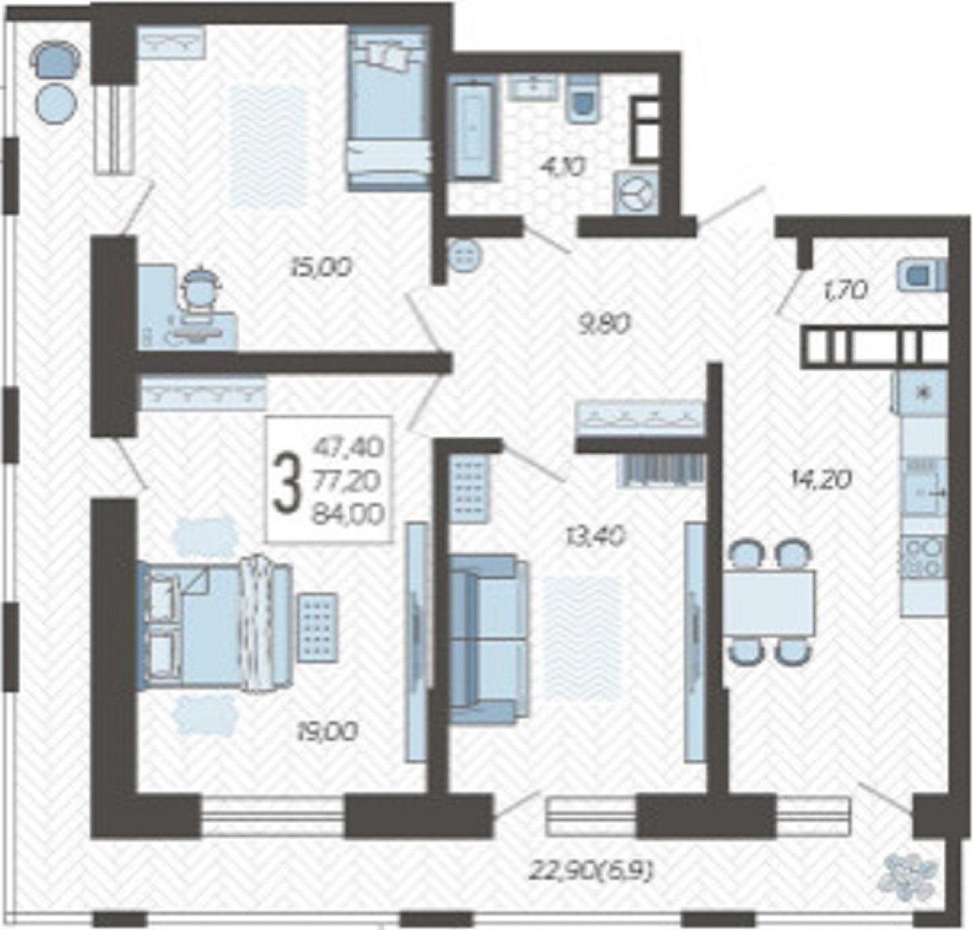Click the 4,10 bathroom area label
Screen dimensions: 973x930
(x=562, y=166)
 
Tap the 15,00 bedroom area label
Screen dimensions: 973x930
(x=321, y=267)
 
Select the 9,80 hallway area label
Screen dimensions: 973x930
(x=603, y=325)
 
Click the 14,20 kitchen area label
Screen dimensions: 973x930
(x=822, y=480)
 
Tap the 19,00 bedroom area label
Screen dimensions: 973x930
(x=327, y=732)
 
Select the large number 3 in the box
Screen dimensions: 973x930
(x=288, y=480)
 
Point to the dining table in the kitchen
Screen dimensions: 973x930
(x=768, y=603)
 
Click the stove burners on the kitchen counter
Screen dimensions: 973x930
(x=924, y=556)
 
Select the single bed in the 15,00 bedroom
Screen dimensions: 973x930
(x=389, y=108)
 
